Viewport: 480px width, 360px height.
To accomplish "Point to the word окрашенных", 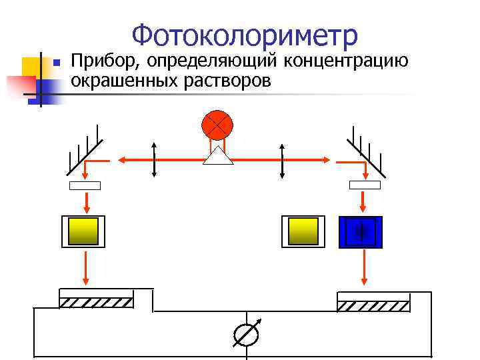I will point(123,81).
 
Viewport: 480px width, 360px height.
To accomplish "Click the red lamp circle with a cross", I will point(218,125).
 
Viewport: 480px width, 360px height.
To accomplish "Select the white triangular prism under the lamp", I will point(218,156).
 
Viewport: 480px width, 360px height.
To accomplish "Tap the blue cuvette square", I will point(361,232).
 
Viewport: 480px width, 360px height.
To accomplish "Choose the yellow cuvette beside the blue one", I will point(303,232).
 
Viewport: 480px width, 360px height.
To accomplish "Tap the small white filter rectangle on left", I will point(85,185).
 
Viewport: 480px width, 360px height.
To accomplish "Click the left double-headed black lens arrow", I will point(155,160).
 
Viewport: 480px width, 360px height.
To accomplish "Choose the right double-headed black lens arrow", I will point(283,160).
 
